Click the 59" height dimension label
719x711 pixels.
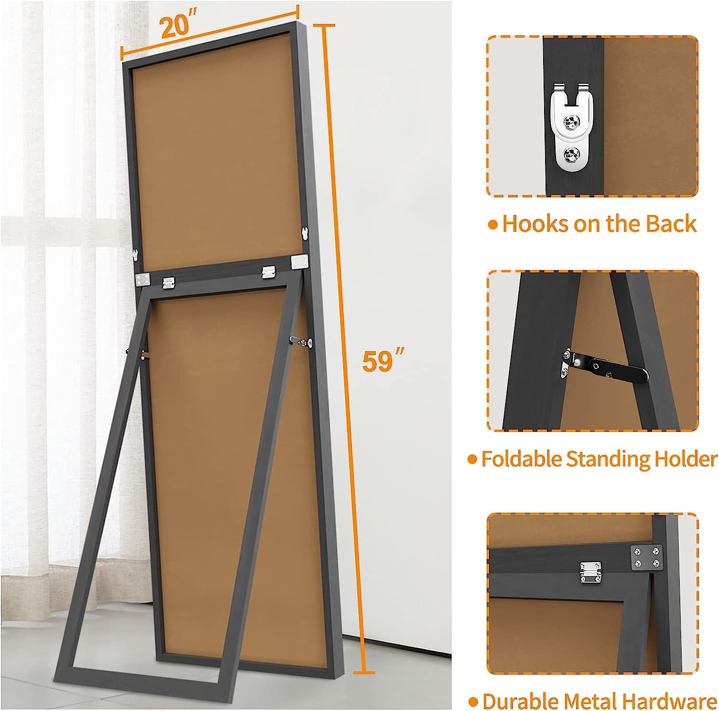383,360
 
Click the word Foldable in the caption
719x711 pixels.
522,459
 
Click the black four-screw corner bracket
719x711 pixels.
647,558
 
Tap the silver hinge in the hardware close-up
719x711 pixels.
591,573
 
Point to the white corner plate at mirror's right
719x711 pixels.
299,262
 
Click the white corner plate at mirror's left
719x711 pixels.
143,280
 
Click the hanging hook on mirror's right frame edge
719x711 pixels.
304,234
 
